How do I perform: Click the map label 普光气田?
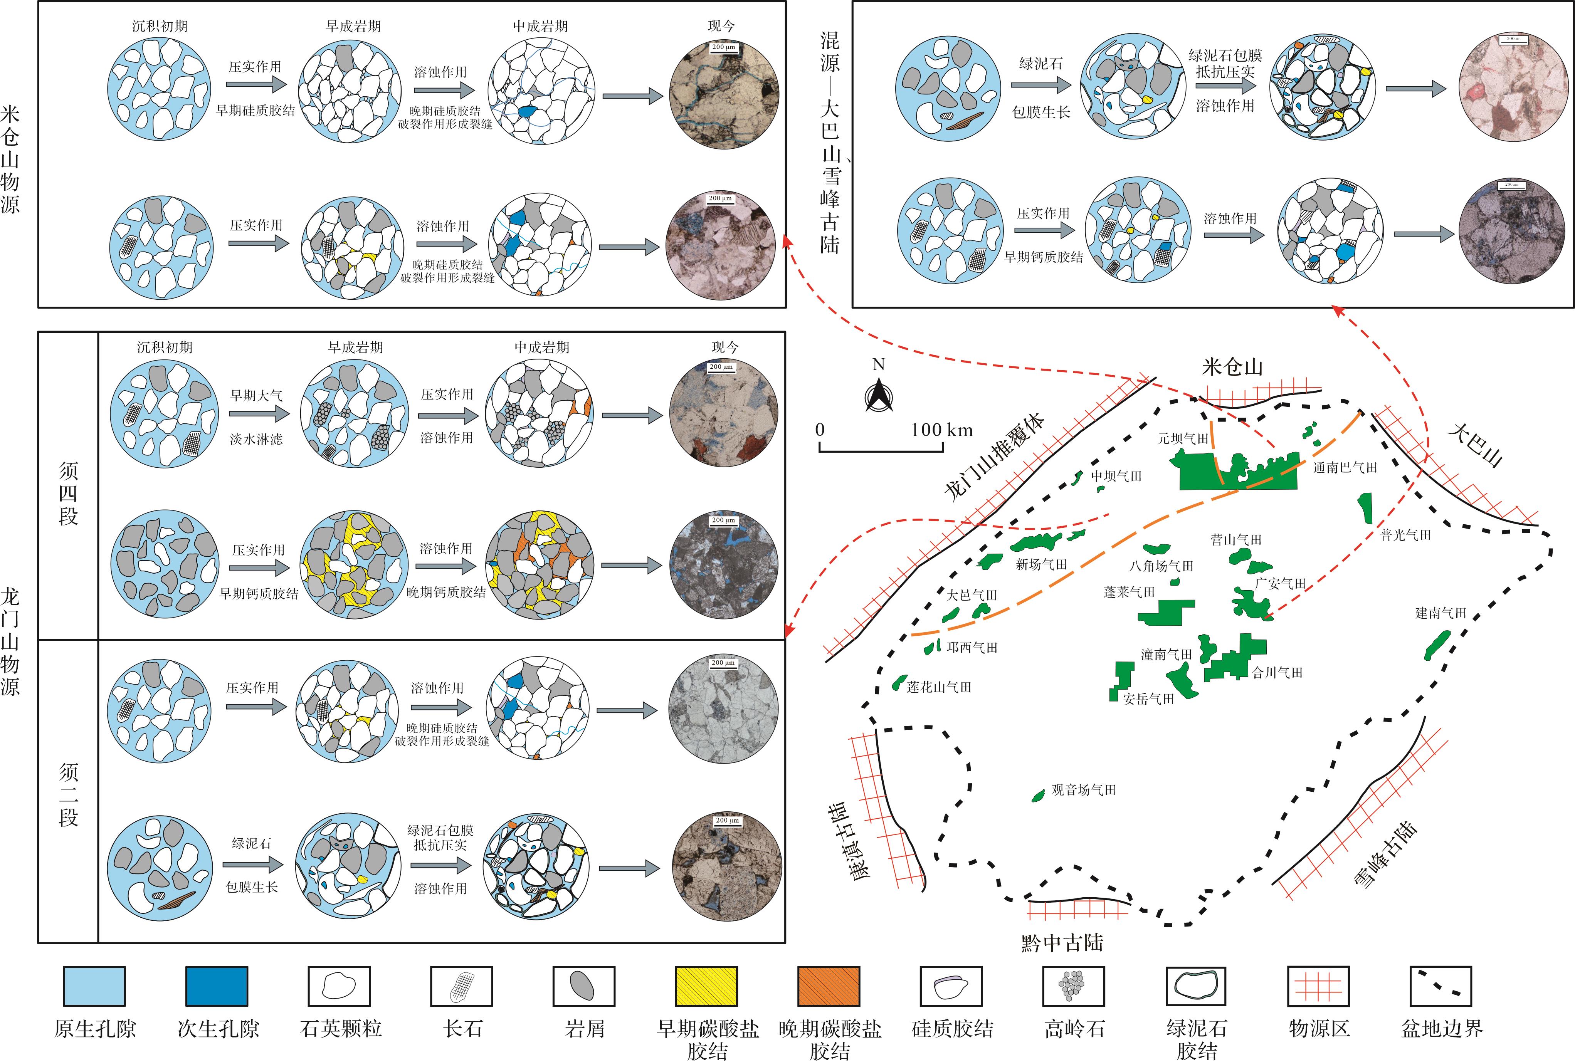click(1406, 535)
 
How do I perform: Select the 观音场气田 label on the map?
click(1083, 790)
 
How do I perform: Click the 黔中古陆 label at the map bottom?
click(1062, 942)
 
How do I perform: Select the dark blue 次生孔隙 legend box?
click(217, 986)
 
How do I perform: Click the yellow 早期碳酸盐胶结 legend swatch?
click(707, 986)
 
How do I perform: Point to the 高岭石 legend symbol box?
click(1074, 986)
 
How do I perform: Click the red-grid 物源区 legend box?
click(1318, 986)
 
